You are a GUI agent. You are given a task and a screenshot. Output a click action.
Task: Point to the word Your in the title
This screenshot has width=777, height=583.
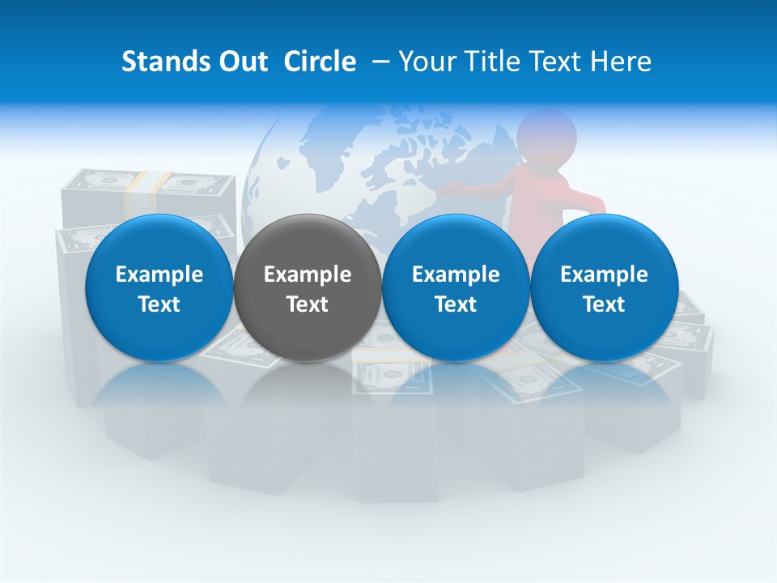(x=426, y=62)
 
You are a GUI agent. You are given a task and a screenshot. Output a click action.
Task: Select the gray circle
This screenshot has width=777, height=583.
(x=307, y=288)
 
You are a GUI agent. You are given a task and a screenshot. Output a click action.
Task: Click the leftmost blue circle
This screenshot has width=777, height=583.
(x=159, y=288)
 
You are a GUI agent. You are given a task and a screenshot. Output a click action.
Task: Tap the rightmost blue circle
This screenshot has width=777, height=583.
(x=604, y=288)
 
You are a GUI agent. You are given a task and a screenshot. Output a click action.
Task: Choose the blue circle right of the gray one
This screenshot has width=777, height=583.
(x=456, y=288)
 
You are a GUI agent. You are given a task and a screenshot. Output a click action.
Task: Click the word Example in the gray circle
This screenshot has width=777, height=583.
(x=308, y=274)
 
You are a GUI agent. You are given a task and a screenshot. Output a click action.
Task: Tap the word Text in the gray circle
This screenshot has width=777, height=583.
(x=308, y=304)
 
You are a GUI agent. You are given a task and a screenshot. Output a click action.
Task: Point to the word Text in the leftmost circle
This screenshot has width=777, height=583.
(x=159, y=304)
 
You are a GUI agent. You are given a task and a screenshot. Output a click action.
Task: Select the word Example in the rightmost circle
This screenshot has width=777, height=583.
(x=604, y=274)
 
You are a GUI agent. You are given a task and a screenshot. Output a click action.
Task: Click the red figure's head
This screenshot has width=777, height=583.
(x=546, y=134)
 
